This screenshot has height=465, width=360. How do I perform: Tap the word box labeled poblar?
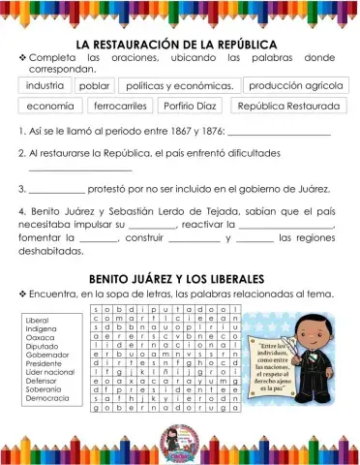click(x=94, y=85)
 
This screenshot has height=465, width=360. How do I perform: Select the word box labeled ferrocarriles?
click(x=120, y=106)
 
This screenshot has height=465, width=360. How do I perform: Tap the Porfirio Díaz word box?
click(x=190, y=106)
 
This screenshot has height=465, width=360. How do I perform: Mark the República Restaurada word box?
click(x=287, y=106)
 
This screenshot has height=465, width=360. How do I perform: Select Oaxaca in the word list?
click(x=37, y=337)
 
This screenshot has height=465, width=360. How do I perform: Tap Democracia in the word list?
click(x=45, y=398)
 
